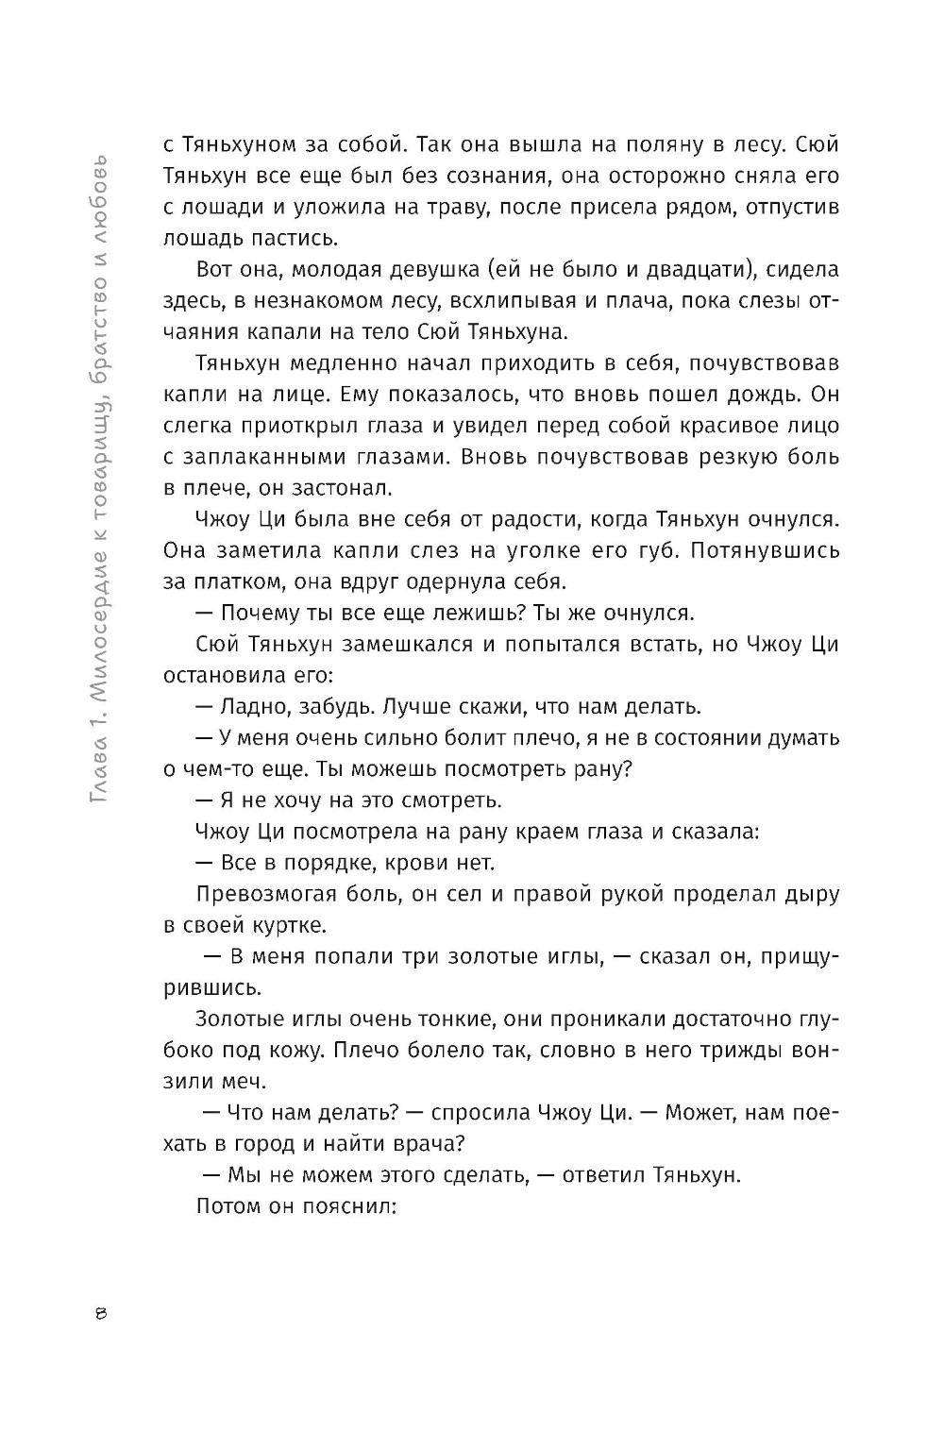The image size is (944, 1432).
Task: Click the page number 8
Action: coord(102,1315)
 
